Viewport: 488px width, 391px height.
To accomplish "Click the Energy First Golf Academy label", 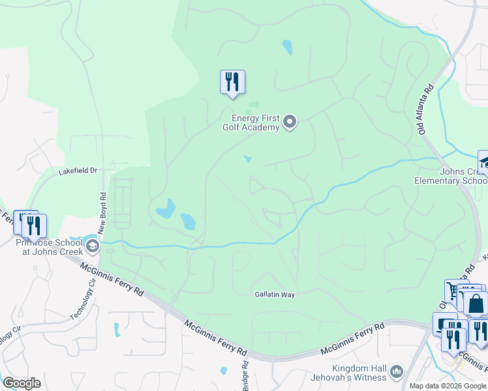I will point(256,123).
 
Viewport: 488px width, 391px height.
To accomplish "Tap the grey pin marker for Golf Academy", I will point(291,121).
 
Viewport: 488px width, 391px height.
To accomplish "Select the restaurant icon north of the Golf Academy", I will point(232,82).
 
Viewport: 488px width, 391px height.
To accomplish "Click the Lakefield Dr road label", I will point(78,171).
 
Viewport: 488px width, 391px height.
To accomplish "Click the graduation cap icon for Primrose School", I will point(92,246).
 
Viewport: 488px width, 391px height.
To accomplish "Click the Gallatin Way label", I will point(275,295).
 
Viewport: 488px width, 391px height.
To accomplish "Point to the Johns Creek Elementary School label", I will point(450,177).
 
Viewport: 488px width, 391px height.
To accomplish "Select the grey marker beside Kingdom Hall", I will point(396,372).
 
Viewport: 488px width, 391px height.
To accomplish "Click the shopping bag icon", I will point(476,304).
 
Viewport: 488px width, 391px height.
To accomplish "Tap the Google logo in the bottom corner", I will point(22,383).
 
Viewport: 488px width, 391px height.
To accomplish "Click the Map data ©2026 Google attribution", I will point(448,386).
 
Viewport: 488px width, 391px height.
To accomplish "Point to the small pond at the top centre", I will point(287,48).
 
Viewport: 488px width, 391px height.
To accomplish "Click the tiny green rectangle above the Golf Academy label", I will point(254,104).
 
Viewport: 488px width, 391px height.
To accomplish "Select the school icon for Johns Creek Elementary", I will point(484,163).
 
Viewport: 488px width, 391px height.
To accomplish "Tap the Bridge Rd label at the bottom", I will point(245,379).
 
